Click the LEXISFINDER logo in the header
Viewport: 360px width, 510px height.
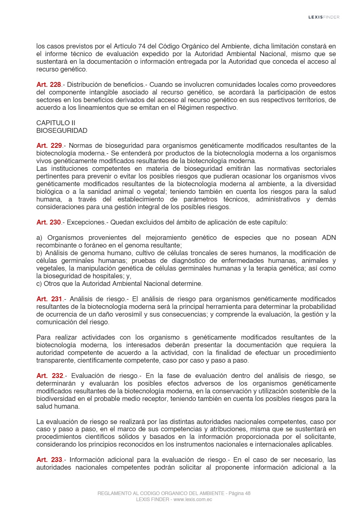[x=324, y=17]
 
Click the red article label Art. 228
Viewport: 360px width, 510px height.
[x=48, y=85]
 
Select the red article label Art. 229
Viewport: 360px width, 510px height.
[x=48, y=145]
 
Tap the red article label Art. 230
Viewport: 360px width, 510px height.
[x=48, y=222]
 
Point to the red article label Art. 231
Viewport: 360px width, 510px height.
[x=48, y=299]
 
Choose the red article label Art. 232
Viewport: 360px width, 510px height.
[x=48, y=376]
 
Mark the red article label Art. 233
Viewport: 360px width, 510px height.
[x=48, y=460]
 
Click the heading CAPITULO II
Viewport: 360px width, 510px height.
[x=56, y=123]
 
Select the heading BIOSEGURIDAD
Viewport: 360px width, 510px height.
[x=62, y=131]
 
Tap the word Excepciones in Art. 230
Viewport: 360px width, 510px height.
[x=86, y=222]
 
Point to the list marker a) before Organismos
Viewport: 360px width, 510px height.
[x=40, y=237]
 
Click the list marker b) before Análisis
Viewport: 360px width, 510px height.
[x=40, y=253]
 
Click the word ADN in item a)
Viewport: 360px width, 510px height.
[x=329, y=237]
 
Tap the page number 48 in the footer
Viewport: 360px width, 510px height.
[x=247, y=493]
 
